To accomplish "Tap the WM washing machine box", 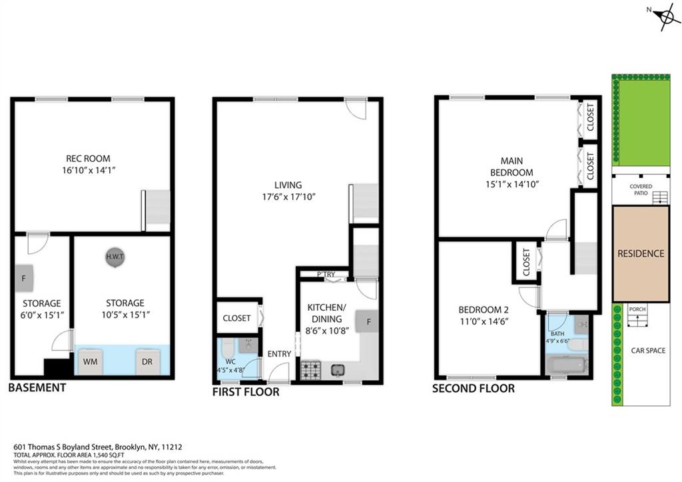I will pos(91,361).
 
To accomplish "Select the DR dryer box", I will pos(147,361).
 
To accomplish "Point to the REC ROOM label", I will pos(88,159).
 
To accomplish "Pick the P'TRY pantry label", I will pos(326,274).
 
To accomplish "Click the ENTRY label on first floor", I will pos(279,353).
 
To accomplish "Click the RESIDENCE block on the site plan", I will pos(641,253).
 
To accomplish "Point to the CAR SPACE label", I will pos(648,351).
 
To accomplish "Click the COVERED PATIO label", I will pos(641,190).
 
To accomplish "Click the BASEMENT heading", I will pos(37,388).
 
